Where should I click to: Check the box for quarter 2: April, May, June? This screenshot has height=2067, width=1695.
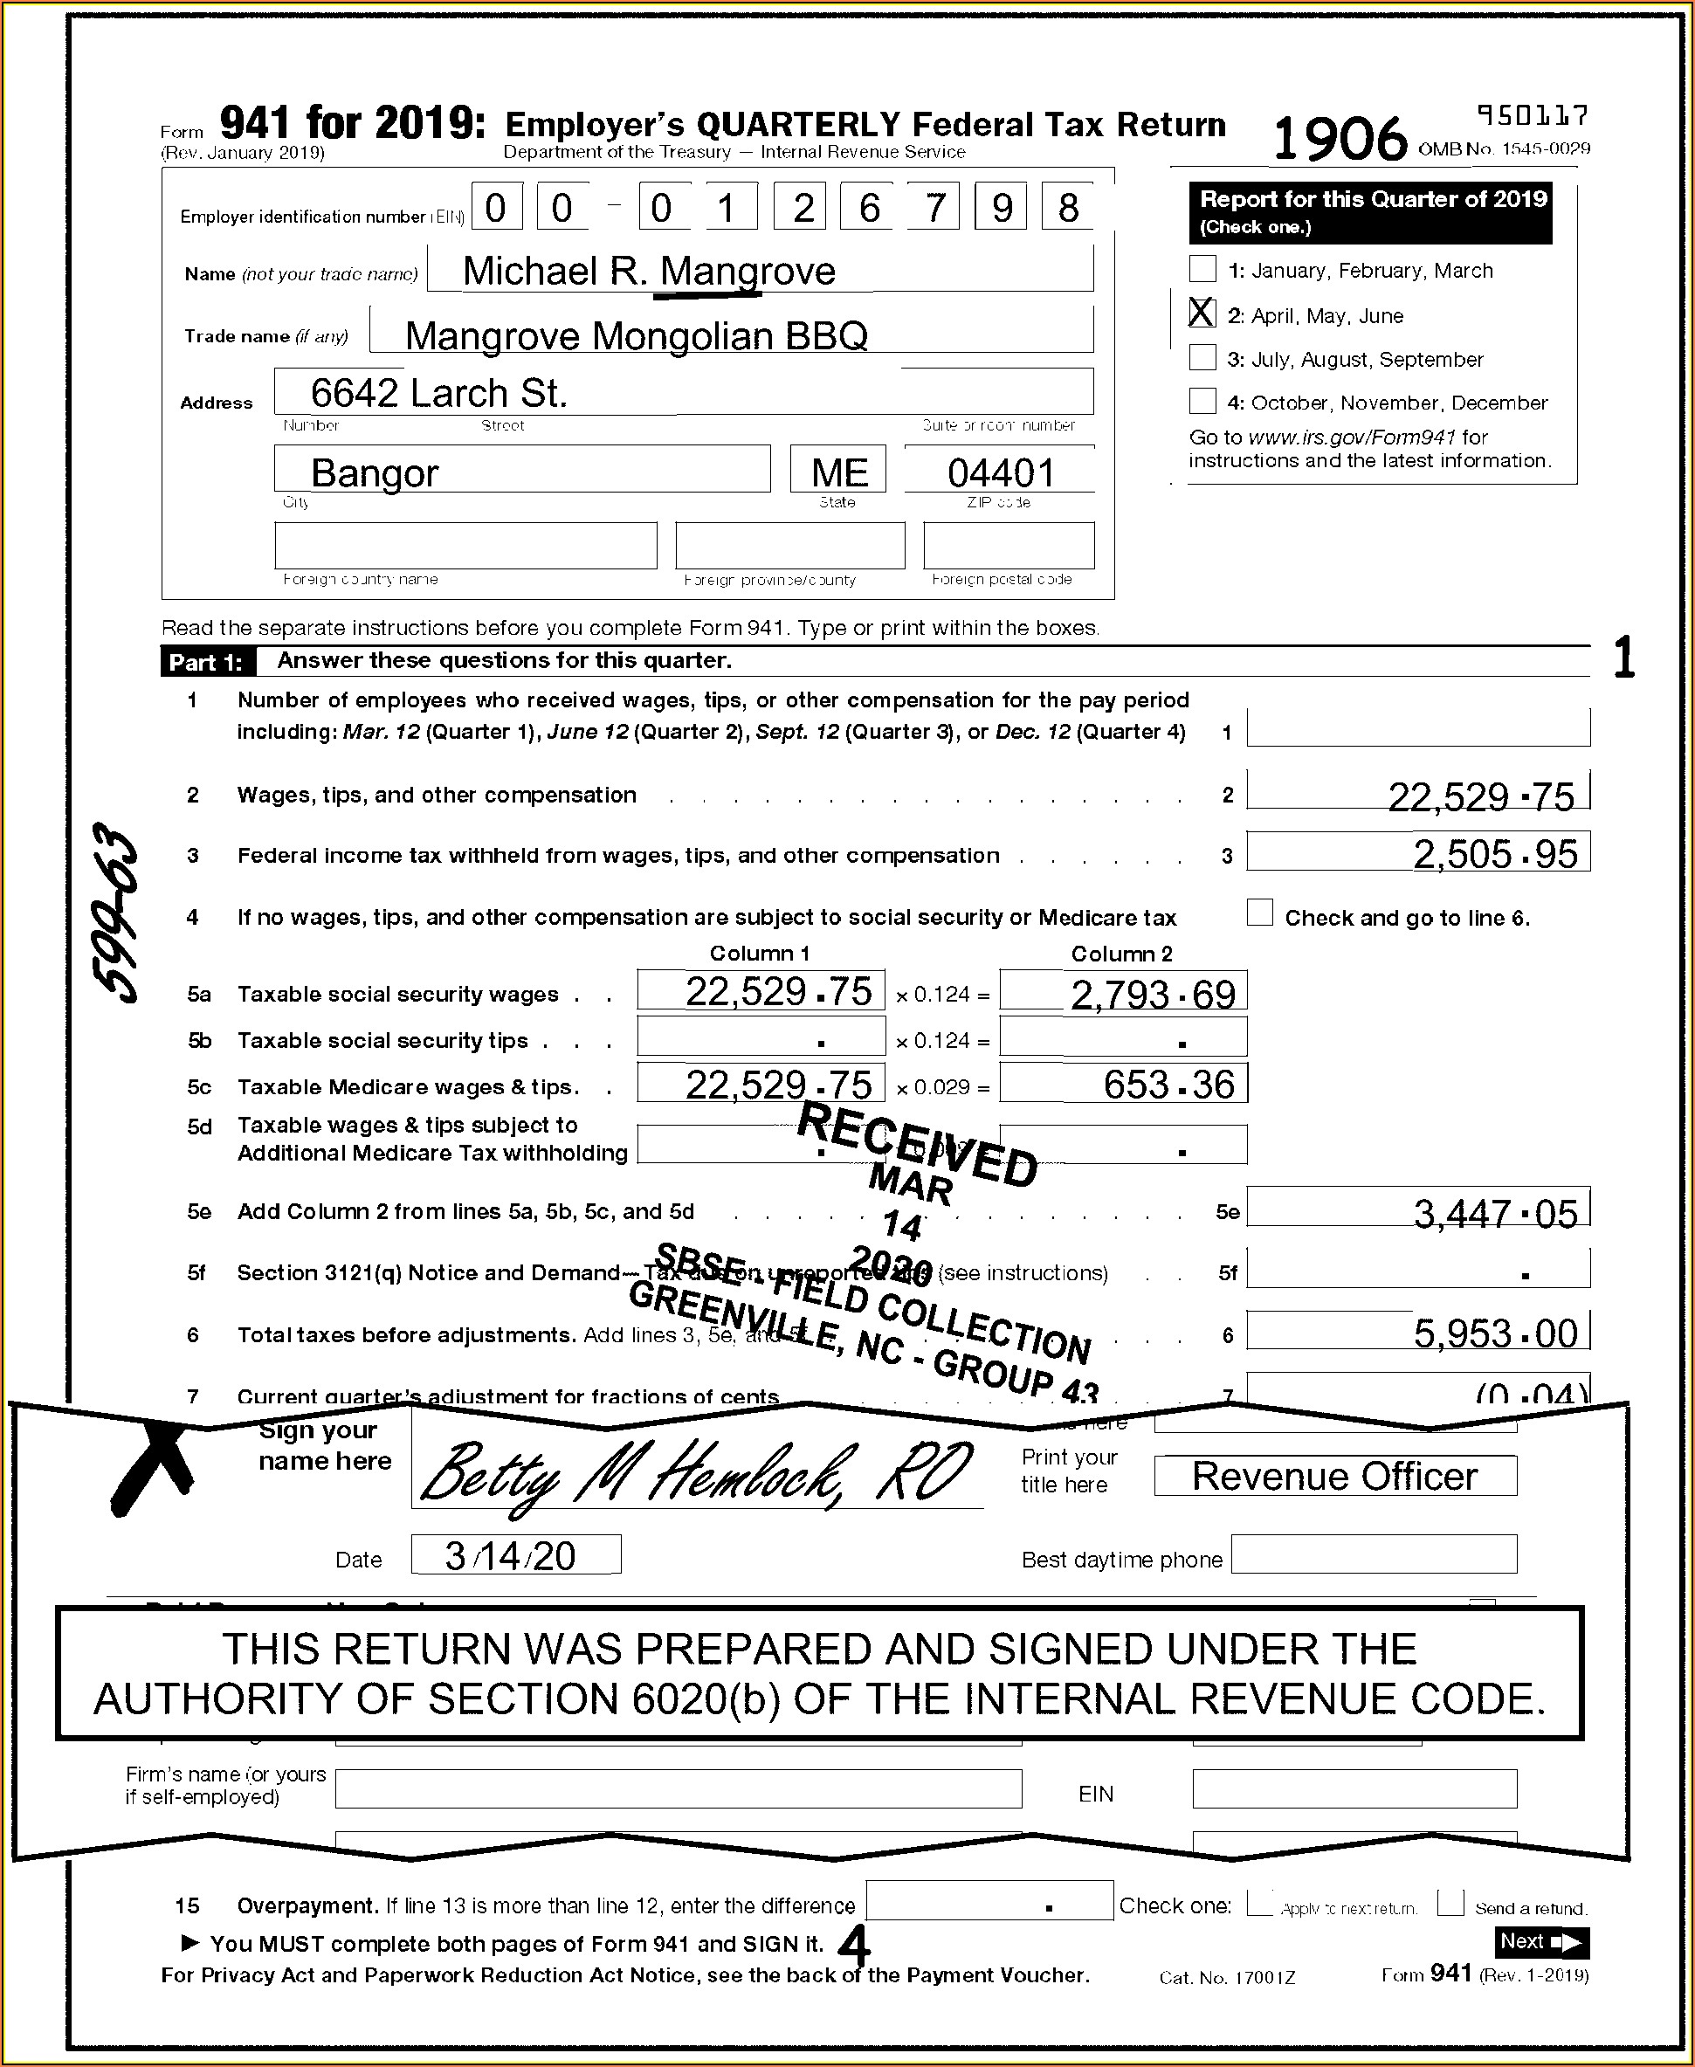(1202, 313)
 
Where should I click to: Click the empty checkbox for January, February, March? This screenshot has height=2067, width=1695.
(1202, 268)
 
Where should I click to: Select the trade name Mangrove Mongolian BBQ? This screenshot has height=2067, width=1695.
(636, 336)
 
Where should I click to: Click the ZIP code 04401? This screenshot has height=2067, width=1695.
(1001, 473)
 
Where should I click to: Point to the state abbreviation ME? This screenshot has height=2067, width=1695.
(838, 473)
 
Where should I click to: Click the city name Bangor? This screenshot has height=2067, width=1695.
(374, 473)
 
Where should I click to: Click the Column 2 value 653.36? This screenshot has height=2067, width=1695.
(1168, 1085)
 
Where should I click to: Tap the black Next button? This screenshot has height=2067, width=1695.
(1540, 1942)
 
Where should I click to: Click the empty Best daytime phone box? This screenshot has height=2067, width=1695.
(1373, 1554)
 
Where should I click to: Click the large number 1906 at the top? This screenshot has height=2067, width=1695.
(1340, 138)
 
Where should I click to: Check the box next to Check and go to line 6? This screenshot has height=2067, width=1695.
(1259, 913)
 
